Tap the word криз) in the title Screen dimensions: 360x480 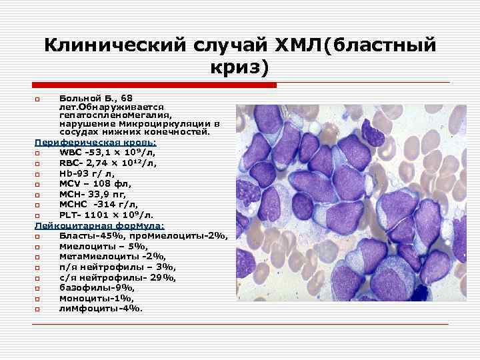click(x=240, y=67)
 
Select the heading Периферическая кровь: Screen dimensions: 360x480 click(x=96, y=142)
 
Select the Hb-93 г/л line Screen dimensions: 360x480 click(x=87, y=173)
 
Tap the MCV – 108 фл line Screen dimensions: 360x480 click(x=86, y=183)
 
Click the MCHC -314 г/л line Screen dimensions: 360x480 click(x=91, y=205)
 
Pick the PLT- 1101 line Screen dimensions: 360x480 click(x=107, y=215)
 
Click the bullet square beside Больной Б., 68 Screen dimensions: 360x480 click(x=38, y=99)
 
